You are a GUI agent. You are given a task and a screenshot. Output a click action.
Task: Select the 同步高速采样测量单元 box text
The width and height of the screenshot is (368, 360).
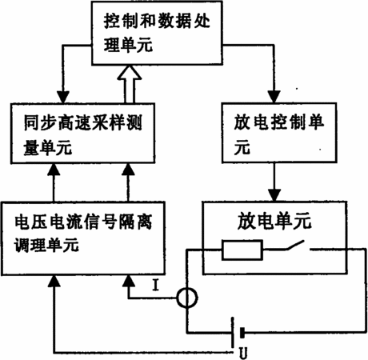[82, 134]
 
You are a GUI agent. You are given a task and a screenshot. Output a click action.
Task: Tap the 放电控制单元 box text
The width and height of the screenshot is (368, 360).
[279, 134]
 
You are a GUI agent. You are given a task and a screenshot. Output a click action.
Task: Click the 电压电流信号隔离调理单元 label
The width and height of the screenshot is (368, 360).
[83, 232]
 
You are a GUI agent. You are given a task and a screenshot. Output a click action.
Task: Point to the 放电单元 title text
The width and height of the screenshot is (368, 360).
[274, 221]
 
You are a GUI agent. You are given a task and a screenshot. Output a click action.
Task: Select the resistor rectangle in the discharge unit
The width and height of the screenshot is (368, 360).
[242, 250]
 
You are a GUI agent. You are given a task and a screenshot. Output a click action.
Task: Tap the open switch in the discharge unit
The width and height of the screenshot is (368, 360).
[295, 246]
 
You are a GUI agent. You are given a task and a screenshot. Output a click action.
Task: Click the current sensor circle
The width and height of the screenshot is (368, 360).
[187, 298]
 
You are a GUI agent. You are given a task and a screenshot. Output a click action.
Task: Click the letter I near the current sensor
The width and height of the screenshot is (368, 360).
[156, 285]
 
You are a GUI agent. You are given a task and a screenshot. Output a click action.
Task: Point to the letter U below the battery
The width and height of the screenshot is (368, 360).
[243, 353]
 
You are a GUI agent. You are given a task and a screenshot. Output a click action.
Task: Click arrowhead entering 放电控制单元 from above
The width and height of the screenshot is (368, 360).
[274, 97]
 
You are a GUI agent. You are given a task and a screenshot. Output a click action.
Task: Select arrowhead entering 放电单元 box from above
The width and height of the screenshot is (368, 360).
[274, 195]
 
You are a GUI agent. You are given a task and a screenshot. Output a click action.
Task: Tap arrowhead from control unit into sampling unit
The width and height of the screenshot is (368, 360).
[63, 98]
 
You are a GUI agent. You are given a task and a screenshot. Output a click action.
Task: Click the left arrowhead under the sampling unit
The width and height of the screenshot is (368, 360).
[54, 170]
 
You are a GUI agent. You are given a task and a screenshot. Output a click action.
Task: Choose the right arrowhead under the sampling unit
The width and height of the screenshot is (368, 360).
[128, 170]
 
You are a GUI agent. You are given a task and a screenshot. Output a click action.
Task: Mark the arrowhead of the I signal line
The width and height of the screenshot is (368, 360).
[129, 281]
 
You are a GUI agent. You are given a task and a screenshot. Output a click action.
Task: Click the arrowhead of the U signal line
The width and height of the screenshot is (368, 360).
[54, 281]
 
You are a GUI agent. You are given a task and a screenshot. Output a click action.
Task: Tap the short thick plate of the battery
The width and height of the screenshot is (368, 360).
[242, 333]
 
